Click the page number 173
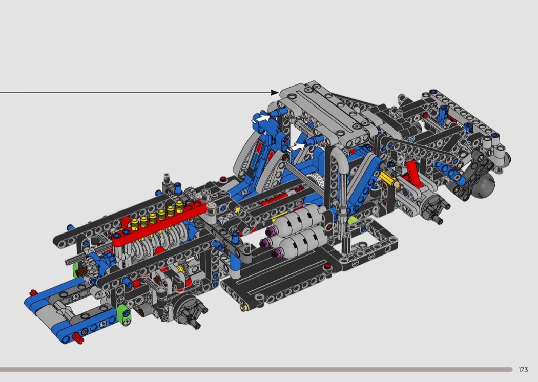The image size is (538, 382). [x=523, y=370]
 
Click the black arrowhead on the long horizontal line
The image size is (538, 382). [x=275, y=92]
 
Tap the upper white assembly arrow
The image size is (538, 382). [x=263, y=118]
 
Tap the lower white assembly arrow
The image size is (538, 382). [x=297, y=147]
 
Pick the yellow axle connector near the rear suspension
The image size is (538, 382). [x=390, y=179]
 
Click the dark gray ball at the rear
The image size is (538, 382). [x=484, y=185]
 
